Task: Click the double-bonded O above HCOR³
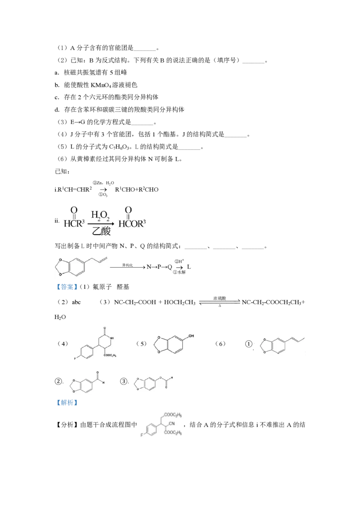(128, 210)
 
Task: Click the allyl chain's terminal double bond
(104, 257)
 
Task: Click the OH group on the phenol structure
(192, 335)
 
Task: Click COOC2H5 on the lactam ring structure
(110, 356)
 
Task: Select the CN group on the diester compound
(172, 424)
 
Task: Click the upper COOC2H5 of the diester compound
(172, 415)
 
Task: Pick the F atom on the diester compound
(141, 435)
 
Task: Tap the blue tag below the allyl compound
(67, 287)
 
